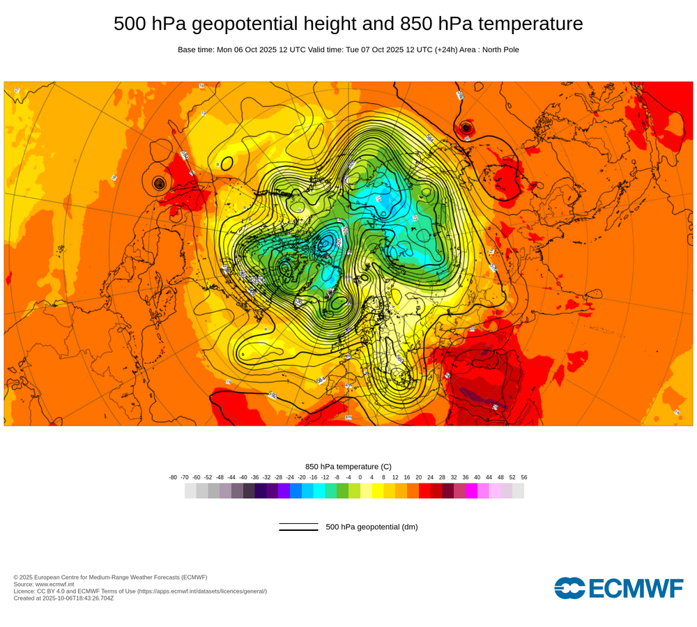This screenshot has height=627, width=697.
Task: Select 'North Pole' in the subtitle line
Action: tap(497, 49)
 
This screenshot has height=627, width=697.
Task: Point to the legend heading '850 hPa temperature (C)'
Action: tap(348, 466)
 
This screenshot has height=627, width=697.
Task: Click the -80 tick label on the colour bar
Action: tap(173, 477)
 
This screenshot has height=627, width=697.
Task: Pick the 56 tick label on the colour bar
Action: tap(523, 477)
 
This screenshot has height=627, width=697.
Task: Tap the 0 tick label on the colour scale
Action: tap(360, 477)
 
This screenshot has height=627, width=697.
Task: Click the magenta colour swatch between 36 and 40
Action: tap(471, 490)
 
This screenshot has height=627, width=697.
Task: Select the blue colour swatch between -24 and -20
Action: tap(296, 490)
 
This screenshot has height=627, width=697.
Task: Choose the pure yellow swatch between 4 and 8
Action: tap(378, 490)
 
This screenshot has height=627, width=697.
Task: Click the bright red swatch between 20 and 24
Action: tap(424, 490)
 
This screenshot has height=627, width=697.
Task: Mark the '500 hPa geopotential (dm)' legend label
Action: tap(372, 527)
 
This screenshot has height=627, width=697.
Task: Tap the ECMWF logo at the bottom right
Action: tap(618, 588)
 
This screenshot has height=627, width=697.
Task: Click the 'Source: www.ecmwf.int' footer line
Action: tap(45, 584)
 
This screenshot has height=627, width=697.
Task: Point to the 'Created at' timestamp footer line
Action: tap(63, 598)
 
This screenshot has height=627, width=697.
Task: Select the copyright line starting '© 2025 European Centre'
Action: tap(110, 577)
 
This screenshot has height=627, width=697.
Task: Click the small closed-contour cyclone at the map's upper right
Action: tap(466, 127)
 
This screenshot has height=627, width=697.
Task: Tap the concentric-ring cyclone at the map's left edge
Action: tap(160, 183)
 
